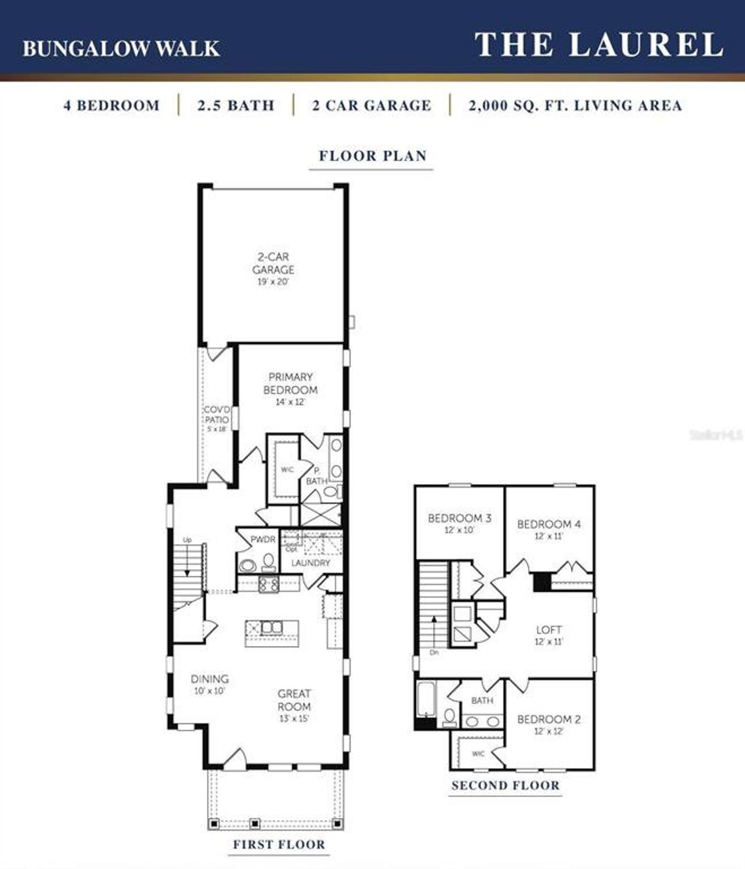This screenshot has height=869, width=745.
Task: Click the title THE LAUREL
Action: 599,45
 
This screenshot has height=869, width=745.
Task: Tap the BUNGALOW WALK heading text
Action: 121,48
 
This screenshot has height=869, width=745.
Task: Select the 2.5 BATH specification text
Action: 236,105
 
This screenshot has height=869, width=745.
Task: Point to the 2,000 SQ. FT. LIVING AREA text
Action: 575,105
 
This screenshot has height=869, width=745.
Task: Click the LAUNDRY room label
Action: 310,563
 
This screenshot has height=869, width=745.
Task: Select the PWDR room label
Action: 262,539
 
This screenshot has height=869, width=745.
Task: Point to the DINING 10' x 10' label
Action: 210,684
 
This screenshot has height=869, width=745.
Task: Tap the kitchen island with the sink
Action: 272,633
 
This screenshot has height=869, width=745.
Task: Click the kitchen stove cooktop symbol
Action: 268,584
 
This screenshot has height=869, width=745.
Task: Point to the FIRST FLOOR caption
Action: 279,845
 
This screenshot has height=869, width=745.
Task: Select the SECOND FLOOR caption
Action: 505,785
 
